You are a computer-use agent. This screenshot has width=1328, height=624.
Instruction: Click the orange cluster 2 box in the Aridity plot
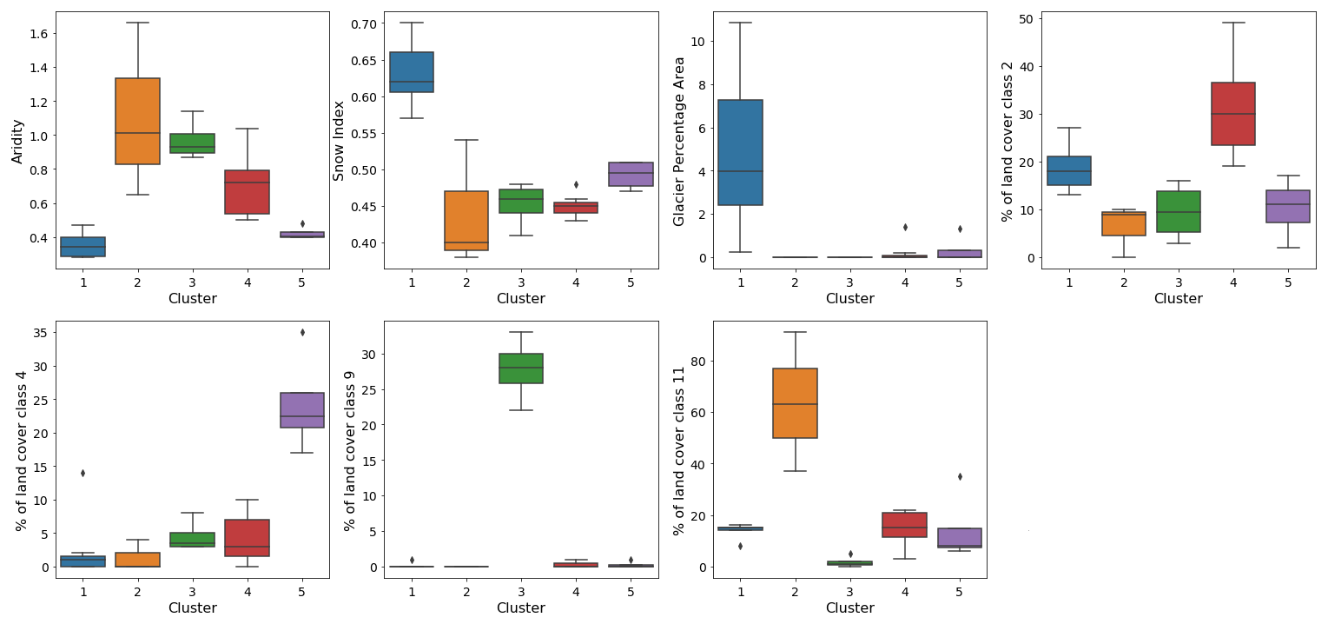point(137,121)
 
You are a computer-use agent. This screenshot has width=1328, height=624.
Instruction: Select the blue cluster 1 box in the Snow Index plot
point(412,72)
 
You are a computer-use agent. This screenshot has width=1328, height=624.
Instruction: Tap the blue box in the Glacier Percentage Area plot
point(740,152)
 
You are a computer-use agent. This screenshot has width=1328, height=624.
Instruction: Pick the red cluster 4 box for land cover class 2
point(1232,113)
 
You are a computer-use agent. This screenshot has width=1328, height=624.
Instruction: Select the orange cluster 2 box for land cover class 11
point(796,403)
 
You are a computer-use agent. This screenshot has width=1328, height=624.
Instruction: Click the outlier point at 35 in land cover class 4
point(302,333)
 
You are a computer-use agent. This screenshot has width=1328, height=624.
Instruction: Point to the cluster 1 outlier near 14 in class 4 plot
point(83,473)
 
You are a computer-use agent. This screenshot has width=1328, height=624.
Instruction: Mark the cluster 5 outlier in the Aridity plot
point(302,223)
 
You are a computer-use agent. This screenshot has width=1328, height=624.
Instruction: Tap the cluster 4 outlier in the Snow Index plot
point(576,184)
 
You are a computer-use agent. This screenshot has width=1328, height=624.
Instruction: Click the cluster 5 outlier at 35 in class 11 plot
point(960,476)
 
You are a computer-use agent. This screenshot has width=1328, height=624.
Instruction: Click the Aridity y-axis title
point(17,141)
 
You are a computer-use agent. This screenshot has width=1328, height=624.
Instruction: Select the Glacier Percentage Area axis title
point(679,141)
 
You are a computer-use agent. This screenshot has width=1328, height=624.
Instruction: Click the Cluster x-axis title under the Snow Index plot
point(521,298)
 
